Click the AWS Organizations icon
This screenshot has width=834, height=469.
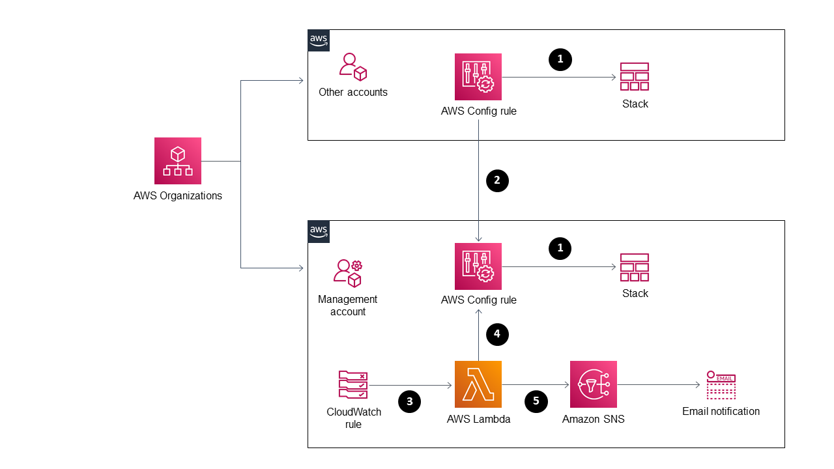(x=177, y=161)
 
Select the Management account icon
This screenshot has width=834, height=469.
(x=348, y=273)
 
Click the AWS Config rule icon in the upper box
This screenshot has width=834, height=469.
(x=478, y=77)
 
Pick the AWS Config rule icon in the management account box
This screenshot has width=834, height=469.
(x=478, y=266)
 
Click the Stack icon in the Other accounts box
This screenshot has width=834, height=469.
(x=634, y=77)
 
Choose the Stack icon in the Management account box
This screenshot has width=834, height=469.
(x=634, y=267)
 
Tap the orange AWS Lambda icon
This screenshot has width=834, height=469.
(x=478, y=384)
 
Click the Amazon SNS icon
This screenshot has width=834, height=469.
(x=593, y=384)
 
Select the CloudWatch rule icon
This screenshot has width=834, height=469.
(x=353, y=384)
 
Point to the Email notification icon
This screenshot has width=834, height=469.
(x=721, y=385)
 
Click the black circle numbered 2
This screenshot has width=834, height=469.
(x=497, y=180)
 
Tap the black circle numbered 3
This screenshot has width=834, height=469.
(x=409, y=401)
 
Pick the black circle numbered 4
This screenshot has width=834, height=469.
(x=497, y=334)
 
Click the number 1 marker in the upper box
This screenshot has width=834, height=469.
(x=560, y=59)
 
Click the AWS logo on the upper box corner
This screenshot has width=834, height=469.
(x=319, y=40)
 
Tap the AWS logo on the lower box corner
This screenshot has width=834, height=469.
(x=319, y=231)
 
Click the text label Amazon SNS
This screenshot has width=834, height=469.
(x=593, y=419)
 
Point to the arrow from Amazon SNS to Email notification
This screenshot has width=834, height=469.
(x=658, y=385)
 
